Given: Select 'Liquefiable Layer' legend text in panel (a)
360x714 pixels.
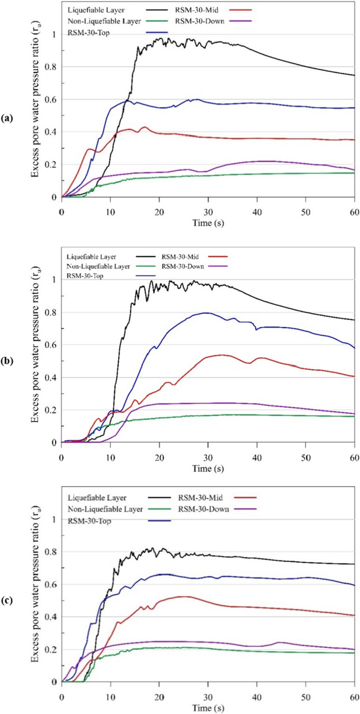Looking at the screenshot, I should coord(91,9).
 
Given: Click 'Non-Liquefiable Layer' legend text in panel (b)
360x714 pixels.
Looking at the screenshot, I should coord(98,266).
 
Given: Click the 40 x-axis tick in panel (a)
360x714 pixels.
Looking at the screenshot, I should coord(257,207).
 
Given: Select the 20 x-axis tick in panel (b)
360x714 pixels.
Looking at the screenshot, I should coord(159,452).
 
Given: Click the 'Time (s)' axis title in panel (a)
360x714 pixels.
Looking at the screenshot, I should coord(208,217).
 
